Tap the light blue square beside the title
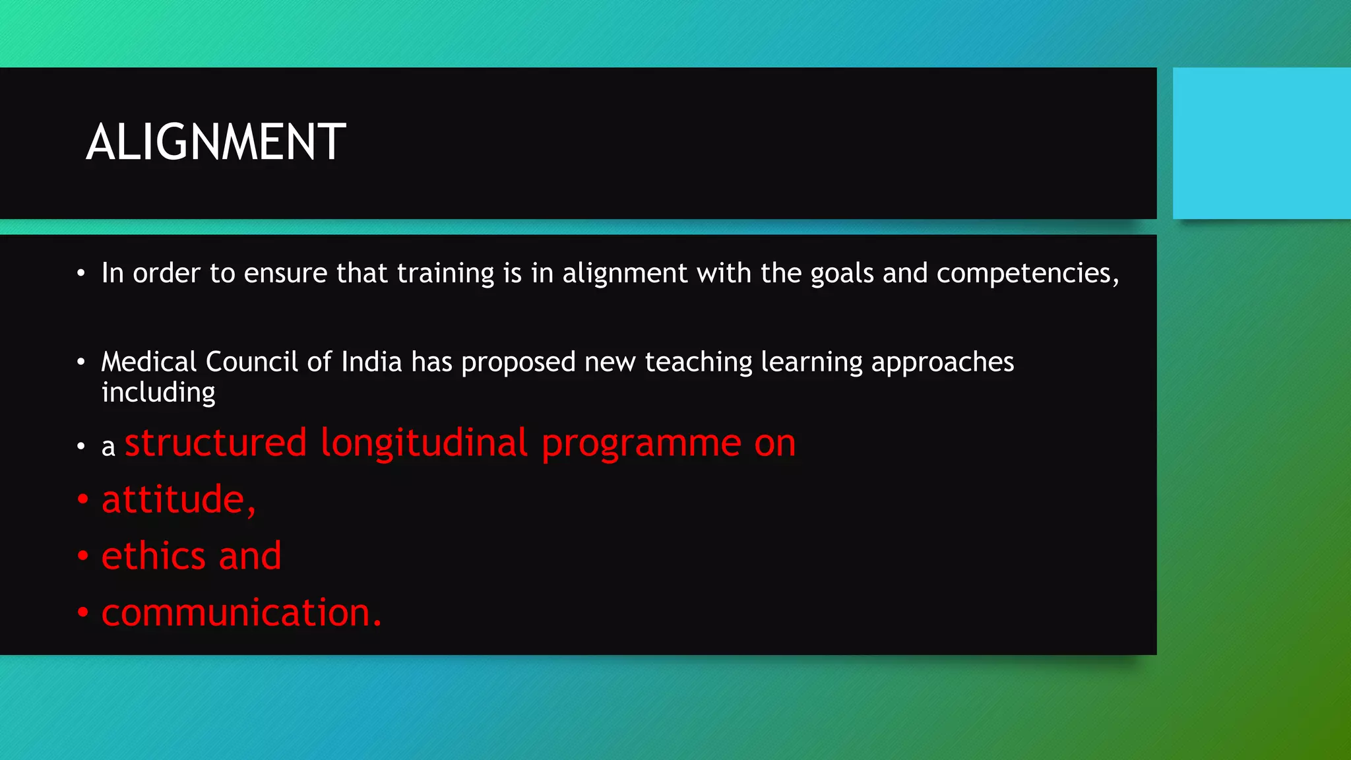pyautogui.click(x=1261, y=142)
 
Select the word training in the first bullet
pyautogui.click(x=445, y=273)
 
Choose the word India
pyautogui.click(x=371, y=362)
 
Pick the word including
pyautogui.click(x=158, y=393)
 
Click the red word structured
pyautogui.click(x=216, y=443)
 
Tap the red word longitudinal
pyautogui.click(x=424, y=443)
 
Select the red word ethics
pyautogui.click(x=154, y=555)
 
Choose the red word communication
pyautogui.click(x=241, y=613)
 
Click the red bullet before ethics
pyautogui.click(x=82, y=556)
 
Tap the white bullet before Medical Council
pyautogui.click(x=80, y=362)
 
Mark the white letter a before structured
pyautogui.click(x=108, y=448)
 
